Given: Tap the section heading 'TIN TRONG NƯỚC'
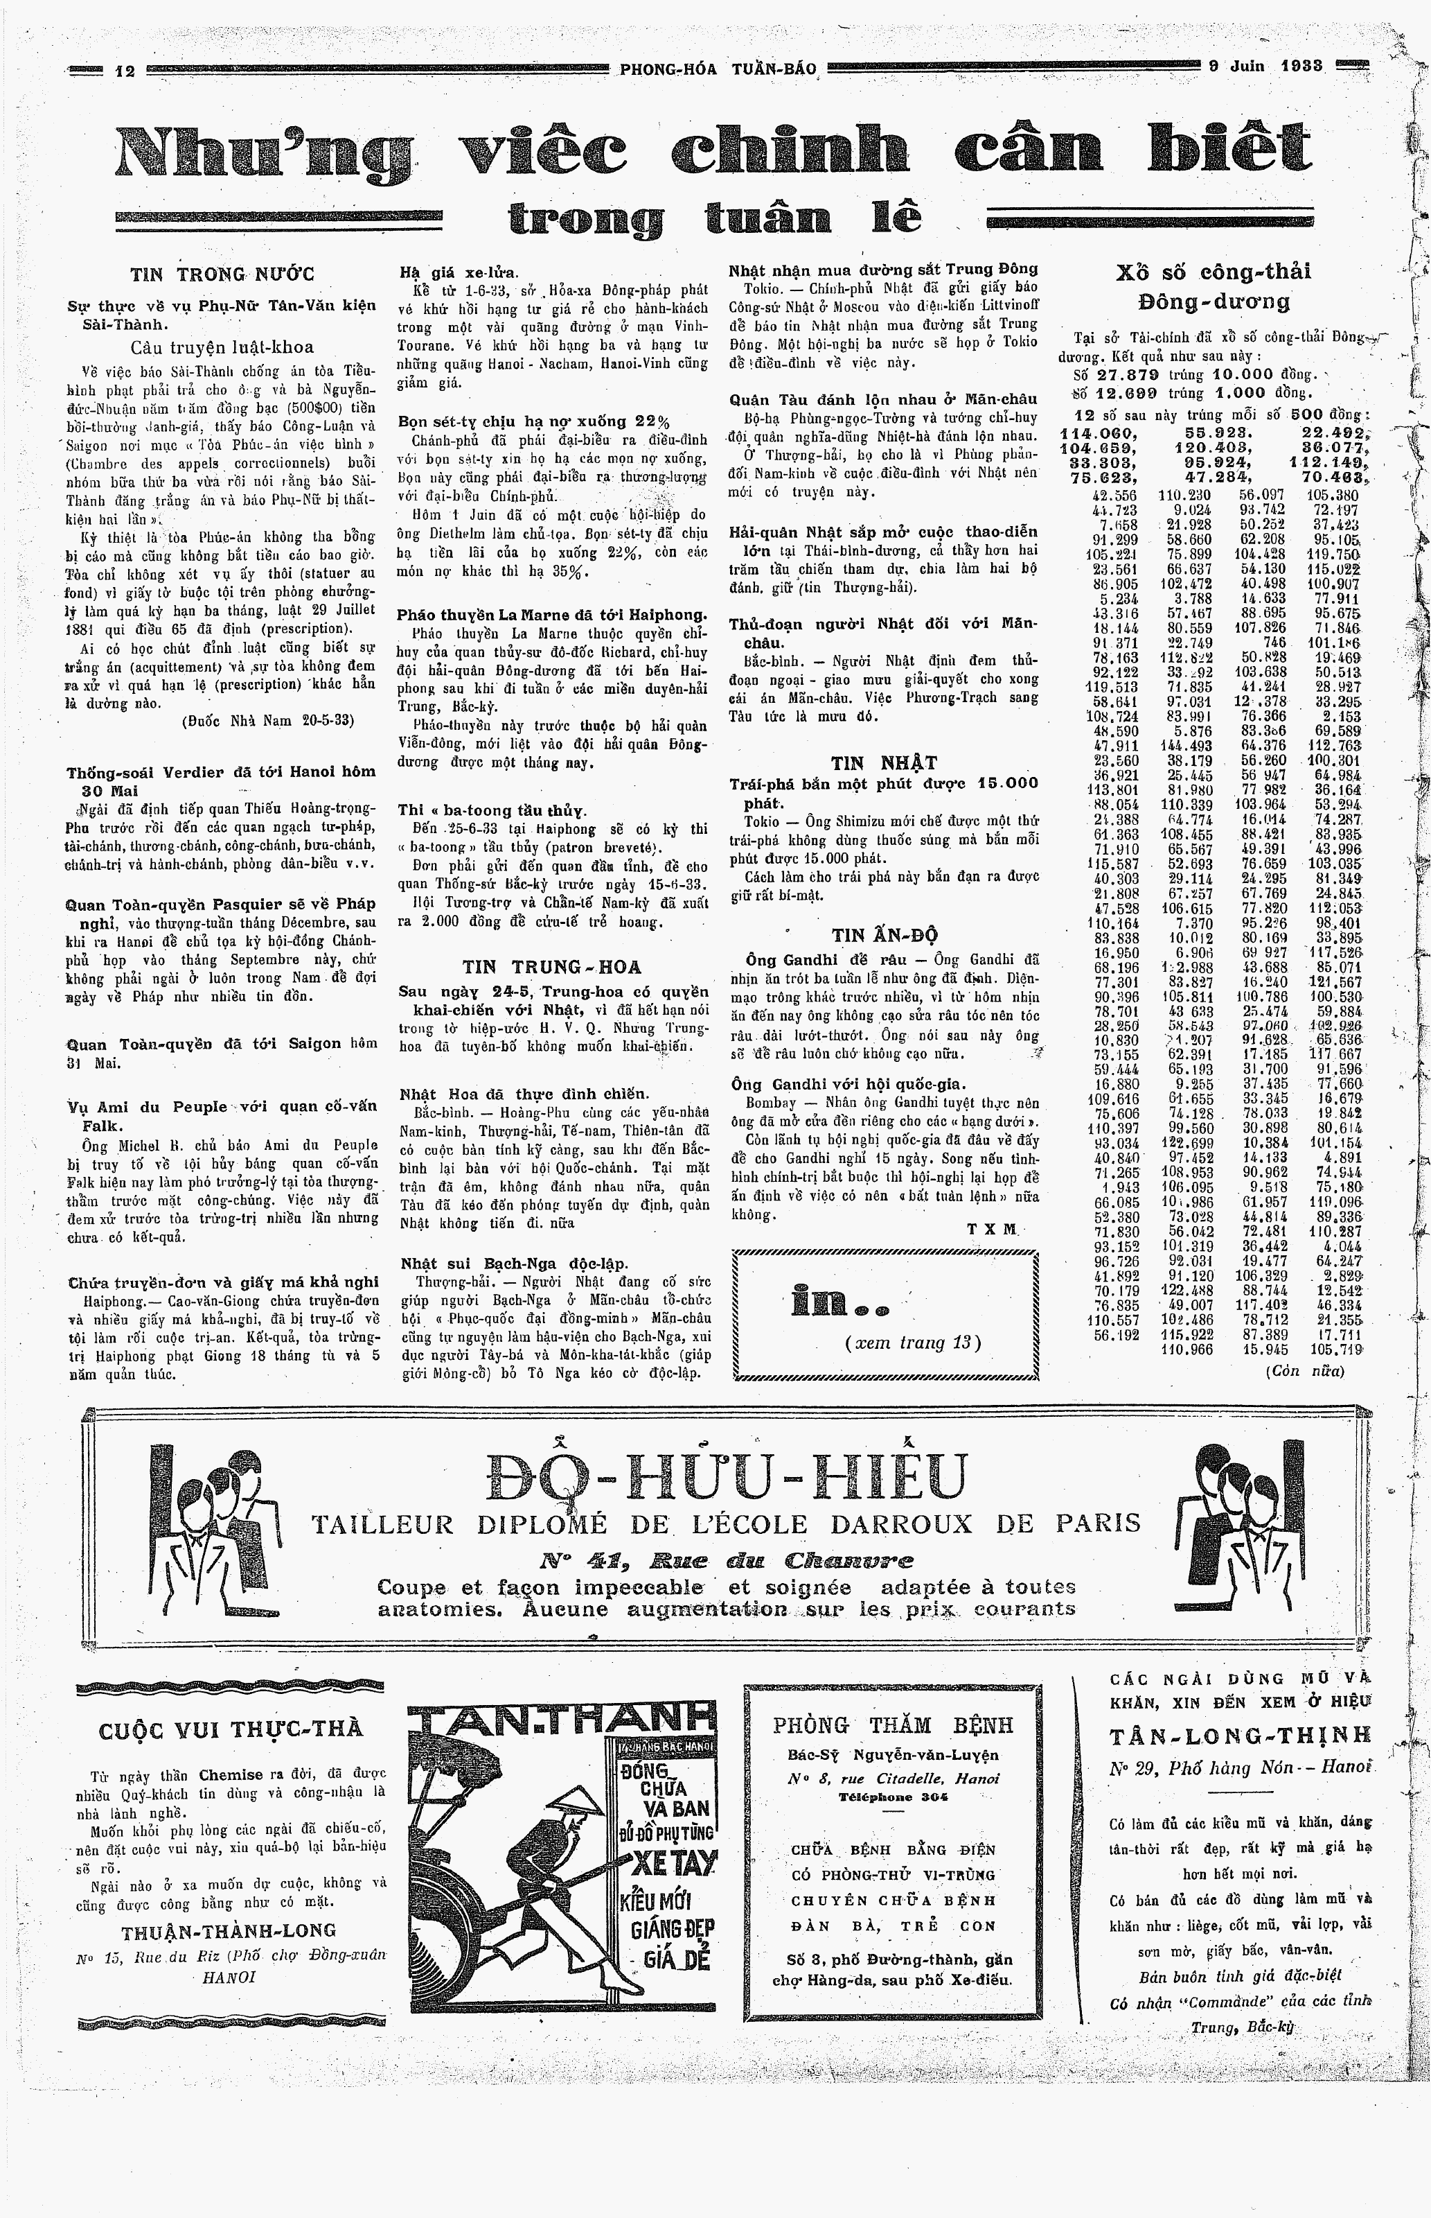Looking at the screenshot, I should coord(222,274).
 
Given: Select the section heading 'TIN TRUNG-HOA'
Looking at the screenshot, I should coord(552,968).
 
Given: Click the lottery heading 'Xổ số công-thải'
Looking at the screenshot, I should coord(1214,272).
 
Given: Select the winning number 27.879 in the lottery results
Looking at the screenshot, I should coord(1127,374).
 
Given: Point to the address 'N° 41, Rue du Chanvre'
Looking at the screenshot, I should coord(727,1559).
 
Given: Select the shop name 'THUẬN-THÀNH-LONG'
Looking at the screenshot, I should coord(229,1930).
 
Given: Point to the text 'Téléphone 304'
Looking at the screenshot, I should coord(892,1797).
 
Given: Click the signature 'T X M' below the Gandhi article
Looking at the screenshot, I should coord(991,1229).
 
